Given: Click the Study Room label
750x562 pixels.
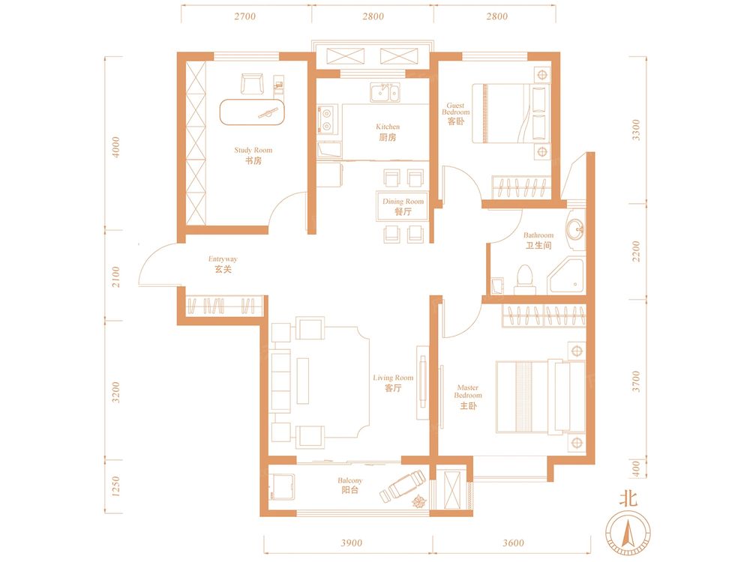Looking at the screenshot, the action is point(253,155).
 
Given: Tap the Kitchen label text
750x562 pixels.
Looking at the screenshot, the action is point(388,132).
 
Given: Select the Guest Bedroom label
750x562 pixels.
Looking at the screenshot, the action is point(456,114).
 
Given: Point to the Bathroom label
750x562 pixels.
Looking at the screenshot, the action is point(538,241).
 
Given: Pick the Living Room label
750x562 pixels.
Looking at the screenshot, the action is point(393,383).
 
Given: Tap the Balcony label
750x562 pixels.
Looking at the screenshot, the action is point(350,485).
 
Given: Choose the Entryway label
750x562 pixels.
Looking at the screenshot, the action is point(223,264).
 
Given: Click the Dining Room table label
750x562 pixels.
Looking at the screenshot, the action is point(403,207).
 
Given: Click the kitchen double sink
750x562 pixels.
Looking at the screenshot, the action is point(385,92).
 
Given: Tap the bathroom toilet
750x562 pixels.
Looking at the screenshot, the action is point(525,279).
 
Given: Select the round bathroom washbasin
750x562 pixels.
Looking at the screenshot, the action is point(575,230).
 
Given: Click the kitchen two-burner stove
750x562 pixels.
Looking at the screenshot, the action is point(327,119).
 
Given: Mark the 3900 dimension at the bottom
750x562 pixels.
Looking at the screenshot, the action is point(351,543).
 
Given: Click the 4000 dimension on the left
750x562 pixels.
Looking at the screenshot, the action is point(115,147).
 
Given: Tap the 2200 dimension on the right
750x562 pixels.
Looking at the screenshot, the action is point(636,251).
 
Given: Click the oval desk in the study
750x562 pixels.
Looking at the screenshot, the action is point(252,112).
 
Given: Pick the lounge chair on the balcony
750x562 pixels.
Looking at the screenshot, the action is point(403,486).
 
